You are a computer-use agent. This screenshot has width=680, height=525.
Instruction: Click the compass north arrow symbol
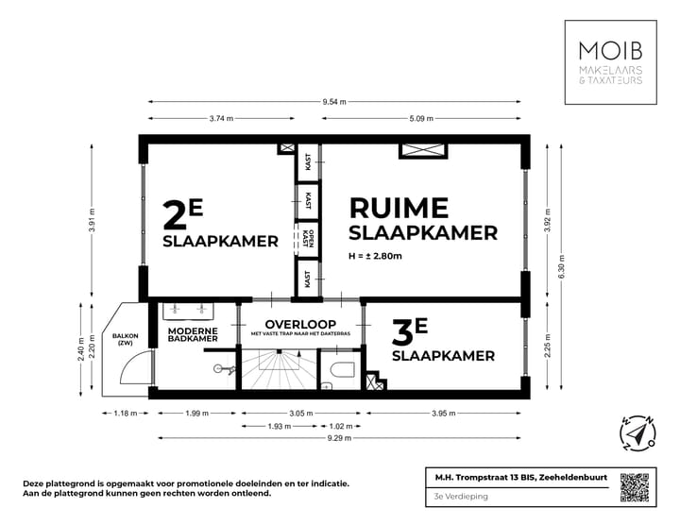(x=637, y=432)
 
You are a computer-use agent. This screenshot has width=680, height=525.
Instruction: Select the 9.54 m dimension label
(x=333, y=101)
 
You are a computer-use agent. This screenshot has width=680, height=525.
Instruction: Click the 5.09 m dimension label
(x=420, y=118)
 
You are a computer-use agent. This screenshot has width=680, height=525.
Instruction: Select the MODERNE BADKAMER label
(x=194, y=336)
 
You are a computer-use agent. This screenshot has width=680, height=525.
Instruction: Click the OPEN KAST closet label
(x=308, y=234)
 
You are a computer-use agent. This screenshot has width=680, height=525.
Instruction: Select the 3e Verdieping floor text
(x=456, y=495)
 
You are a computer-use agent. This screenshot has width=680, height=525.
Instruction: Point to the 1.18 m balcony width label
(x=126, y=413)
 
